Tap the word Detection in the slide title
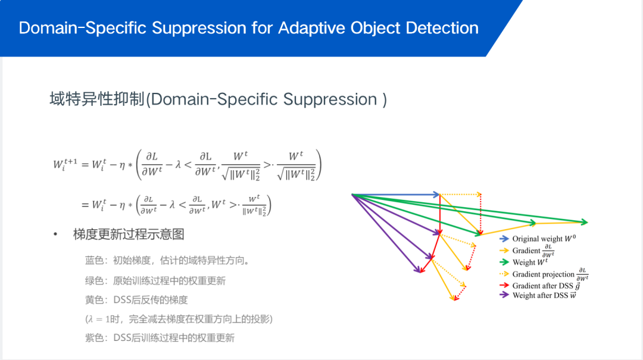click(442, 28)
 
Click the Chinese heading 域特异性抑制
click(97, 99)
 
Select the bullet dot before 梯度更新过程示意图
click(55, 234)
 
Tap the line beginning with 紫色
click(160, 338)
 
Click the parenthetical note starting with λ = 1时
click(179, 319)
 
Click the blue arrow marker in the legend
click(504, 239)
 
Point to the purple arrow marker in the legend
click(504, 295)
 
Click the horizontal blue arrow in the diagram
click(396, 194)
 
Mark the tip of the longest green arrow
click(586, 223)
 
